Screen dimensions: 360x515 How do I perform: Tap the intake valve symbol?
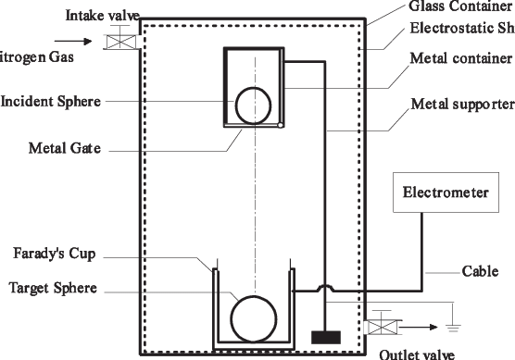point(119,42)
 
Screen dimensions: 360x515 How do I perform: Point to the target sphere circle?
point(252,319)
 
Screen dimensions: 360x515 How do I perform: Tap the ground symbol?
point(452,327)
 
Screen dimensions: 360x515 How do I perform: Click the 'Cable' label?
point(481,273)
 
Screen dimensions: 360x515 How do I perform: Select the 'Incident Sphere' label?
point(51,101)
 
